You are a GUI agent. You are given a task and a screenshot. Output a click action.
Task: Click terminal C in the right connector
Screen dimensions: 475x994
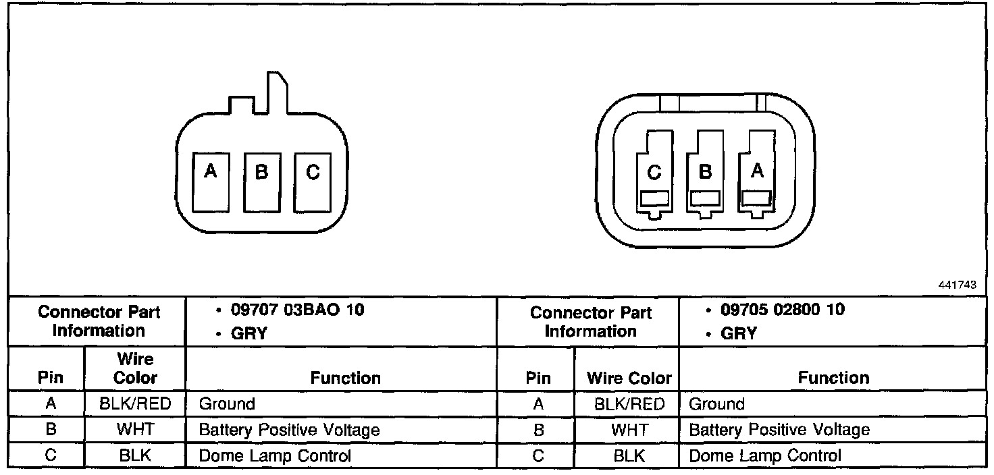pyautogui.click(x=654, y=174)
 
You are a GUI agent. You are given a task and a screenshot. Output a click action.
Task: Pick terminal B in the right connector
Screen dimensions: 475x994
pyautogui.click(x=705, y=174)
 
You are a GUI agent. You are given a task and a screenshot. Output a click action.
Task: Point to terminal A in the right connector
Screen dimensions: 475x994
pyautogui.click(x=757, y=174)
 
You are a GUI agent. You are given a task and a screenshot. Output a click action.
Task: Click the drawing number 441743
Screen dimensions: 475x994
pyautogui.click(x=957, y=285)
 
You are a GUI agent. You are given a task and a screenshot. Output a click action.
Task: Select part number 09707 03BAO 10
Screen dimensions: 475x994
pyautogui.click(x=297, y=310)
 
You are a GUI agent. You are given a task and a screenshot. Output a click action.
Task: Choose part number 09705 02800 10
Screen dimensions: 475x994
pyautogui.click(x=783, y=310)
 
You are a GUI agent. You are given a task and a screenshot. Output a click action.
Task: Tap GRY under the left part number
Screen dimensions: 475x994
pyautogui.click(x=248, y=333)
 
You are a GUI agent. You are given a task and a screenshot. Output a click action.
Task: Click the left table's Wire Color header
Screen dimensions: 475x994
pyautogui.click(x=135, y=368)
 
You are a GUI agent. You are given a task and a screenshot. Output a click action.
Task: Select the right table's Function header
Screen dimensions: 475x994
pyautogui.click(x=833, y=378)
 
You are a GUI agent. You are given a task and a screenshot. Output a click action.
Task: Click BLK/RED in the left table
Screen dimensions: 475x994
pyautogui.click(x=135, y=404)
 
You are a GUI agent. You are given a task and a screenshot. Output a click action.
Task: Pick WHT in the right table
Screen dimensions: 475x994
pyautogui.click(x=629, y=430)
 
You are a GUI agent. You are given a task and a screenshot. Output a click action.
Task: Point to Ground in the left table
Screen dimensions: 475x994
pyautogui.click(x=227, y=404)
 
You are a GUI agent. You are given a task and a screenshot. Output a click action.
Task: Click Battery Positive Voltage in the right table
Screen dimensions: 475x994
pyautogui.click(x=779, y=430)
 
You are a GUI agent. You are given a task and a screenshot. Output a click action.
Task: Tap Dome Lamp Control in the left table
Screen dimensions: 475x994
pyautogui.click(x=275, y=456)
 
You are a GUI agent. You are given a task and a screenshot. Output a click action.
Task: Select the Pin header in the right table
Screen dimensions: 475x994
pyautogui.click(x=538, y=378)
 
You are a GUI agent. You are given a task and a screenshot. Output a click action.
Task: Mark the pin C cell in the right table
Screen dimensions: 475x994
pyautogui.click(x=538, y=456)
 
